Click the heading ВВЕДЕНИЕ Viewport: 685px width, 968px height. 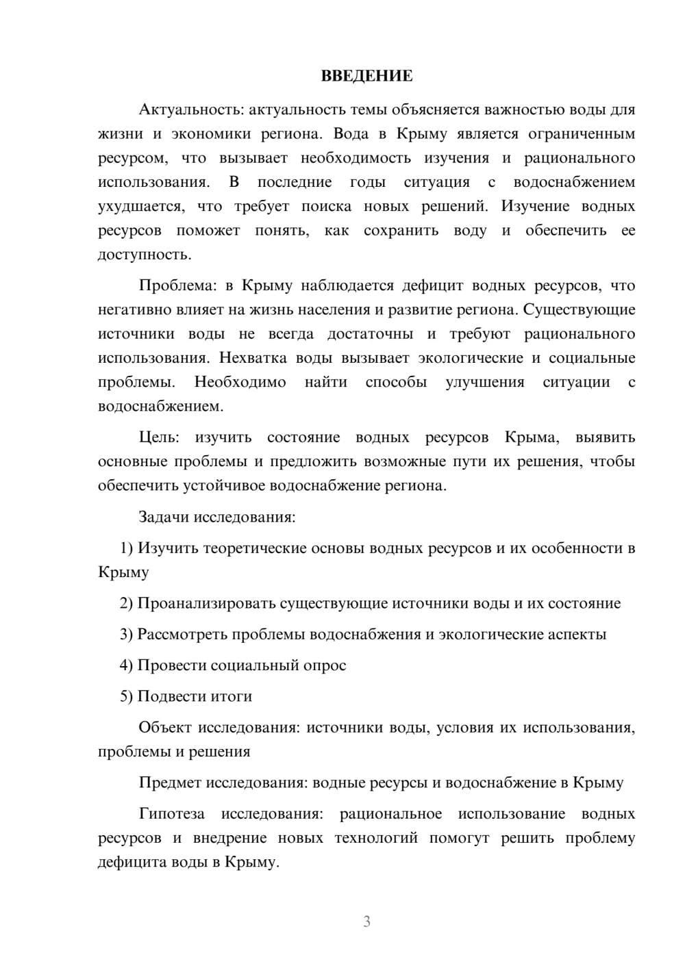pos(366,76)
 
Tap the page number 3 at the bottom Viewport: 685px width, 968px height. pos(366,921)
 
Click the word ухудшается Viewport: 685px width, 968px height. pos(140,206)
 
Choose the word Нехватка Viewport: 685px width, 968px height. pos(251,358)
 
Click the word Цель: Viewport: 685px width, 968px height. pos(158,437)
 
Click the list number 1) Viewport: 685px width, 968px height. pos(126,548)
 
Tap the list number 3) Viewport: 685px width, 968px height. pos(126,634)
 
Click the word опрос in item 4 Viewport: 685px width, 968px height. pos(325,665)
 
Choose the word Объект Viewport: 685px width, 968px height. pos(164,727)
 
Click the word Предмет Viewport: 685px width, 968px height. pos(170,782)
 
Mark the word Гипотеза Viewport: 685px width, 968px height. pos(171,814)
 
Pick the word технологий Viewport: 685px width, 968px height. pos(375,838)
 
